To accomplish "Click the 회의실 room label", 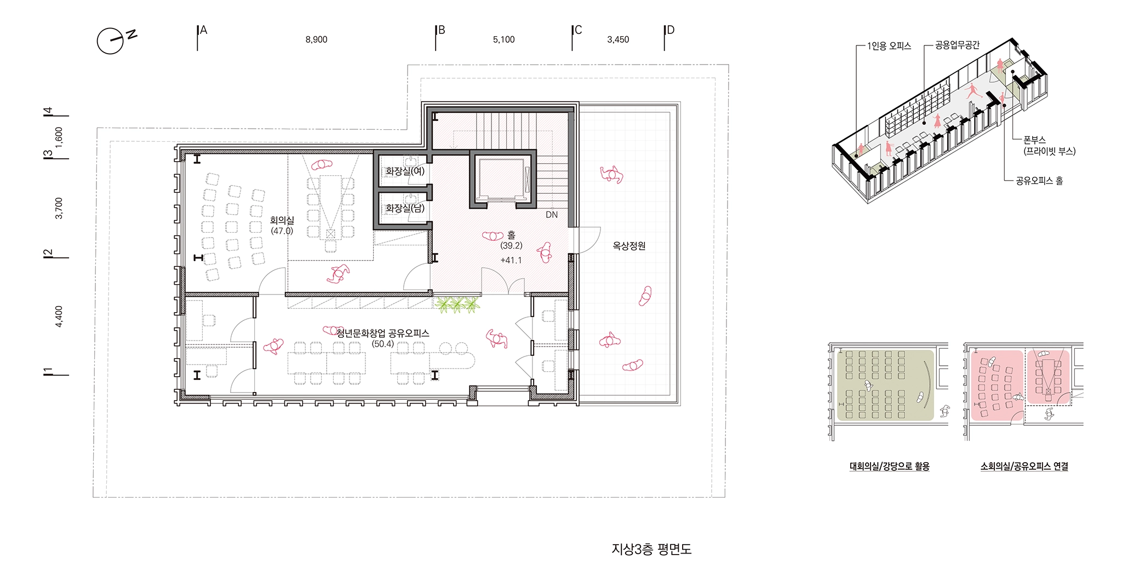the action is tap(282, 220).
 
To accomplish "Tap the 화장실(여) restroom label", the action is tap(405, 171).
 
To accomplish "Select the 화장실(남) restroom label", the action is tap(405, 209).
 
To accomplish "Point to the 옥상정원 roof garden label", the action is tap(629, 246).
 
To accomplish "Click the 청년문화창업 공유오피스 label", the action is tap(382, 333).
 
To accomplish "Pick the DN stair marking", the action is tap(552, 215).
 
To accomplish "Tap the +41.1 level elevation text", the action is tap(511, 261).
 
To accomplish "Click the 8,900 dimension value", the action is tap(317, 39).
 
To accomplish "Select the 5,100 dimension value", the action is tap(504, 39).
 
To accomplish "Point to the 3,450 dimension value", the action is tap(618, 39).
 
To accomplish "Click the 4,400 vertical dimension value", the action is tap(59, 316).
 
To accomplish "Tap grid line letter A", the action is tap(204, 30).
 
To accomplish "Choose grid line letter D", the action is tap(670, 30).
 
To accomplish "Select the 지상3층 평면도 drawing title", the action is tap(651, 549).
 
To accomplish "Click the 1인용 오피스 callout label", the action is tap(889, 46).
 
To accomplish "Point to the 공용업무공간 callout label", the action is tap(957, 45).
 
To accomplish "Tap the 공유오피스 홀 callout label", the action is tap(1039, 181).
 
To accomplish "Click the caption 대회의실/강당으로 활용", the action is tap(890, 466).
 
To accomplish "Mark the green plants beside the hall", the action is tap(457, 304).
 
